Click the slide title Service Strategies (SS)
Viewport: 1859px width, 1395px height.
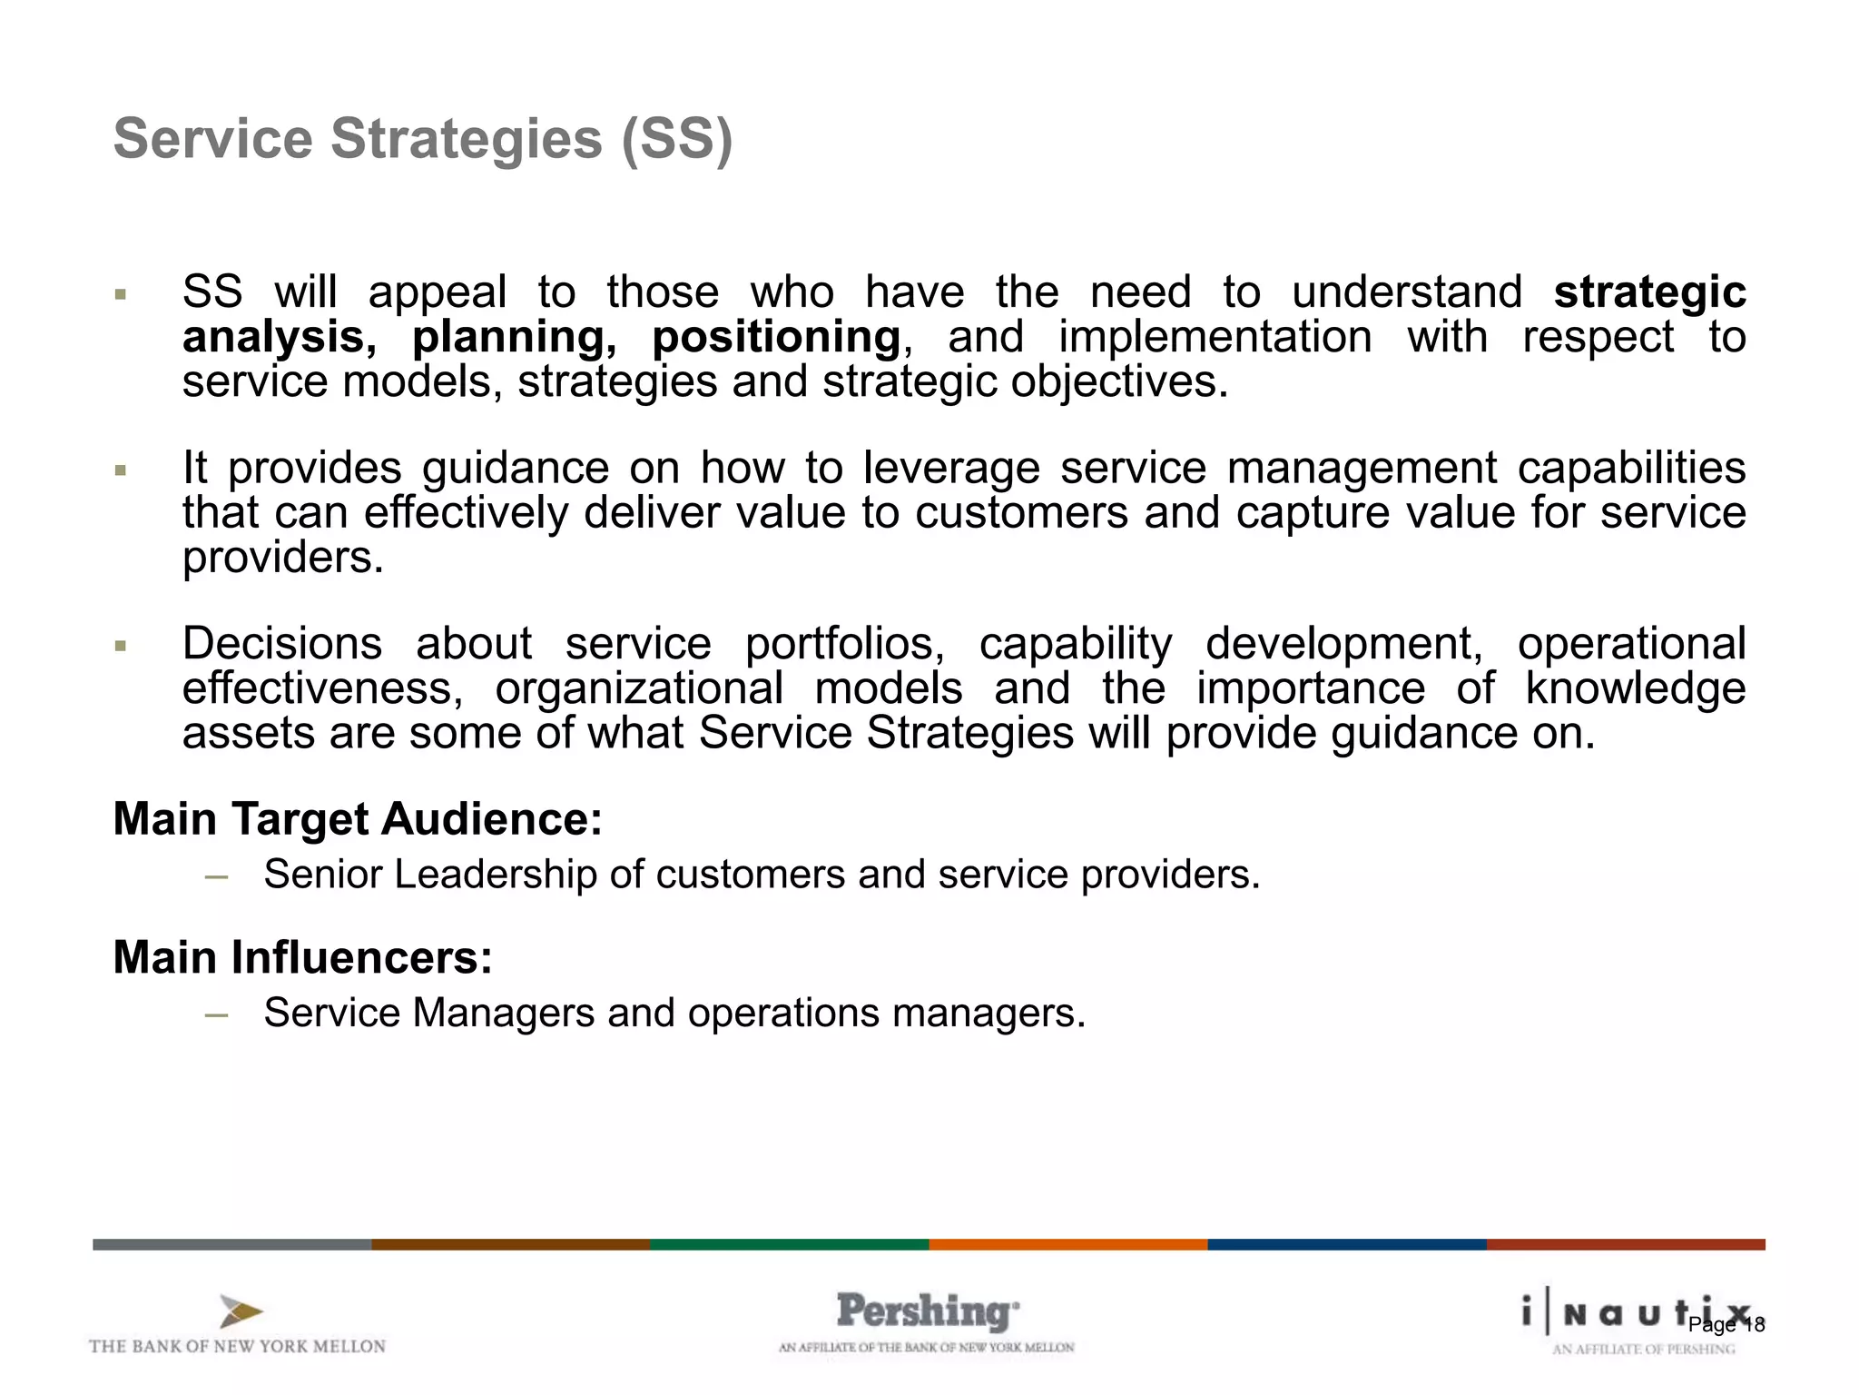click(x=423, y=139)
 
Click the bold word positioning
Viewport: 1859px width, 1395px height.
click(x=776, y=337)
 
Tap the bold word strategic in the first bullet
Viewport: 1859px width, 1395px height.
click(x=1649, y=292)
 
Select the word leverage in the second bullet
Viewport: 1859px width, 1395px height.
click(x=951, y=469)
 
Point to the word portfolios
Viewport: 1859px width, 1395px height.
click(x=844, y=644)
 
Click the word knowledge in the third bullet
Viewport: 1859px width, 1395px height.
click(x=1635, y=688)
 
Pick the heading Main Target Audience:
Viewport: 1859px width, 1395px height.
click(x=358, y=819)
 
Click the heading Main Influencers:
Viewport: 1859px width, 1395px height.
click(x=302, y=957)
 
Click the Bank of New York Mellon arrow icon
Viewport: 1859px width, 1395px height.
click(x=241, y=1312)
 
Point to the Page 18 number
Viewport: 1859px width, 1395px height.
click(x=1726, y=1325)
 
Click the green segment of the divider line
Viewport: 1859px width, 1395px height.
click(x=789, y=1244)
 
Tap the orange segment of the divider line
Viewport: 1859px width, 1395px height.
click(x=1067, y=1244)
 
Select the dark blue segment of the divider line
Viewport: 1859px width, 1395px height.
click(x=1346, y=1244)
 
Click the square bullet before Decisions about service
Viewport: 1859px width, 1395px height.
click(x=120, y=647)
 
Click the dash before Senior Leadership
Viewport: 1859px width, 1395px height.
click(x=216, y=876)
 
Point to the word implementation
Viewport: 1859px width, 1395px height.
click(x=1215, y=337)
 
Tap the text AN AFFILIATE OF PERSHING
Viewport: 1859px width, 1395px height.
click(x=1643, y=1350)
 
